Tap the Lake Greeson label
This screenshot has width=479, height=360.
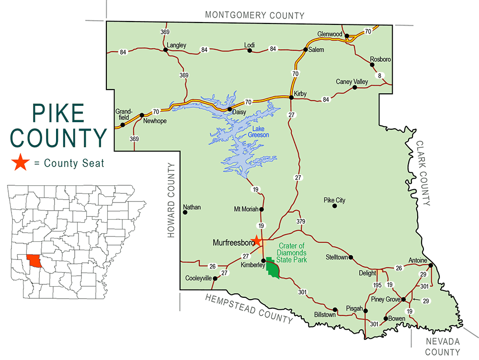tap(258, 132)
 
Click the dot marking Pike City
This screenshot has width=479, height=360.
tap(335, 206)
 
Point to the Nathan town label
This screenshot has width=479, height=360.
tap(192, 207)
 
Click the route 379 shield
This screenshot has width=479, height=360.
tap(301, 221)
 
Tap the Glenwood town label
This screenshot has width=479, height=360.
tap(330, 34)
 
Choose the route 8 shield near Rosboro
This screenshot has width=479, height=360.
tap(381, 75)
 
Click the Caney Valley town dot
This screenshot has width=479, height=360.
tap(354, 88)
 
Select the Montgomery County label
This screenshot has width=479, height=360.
tap(254, 15)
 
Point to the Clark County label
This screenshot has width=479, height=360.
tap(423, 173)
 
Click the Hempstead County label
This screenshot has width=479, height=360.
tap(249, 309)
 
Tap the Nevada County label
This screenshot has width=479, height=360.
tap(443, 347)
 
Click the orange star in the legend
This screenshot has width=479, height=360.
tap(20, 163)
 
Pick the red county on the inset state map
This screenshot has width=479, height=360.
tap(34, 261)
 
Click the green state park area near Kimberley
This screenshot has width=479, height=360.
tap(273, 269)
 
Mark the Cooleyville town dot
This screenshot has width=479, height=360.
tap(215, 278)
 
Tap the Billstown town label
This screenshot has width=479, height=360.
tap(324, 316)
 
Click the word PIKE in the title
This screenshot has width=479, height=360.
tap(58, 112)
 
